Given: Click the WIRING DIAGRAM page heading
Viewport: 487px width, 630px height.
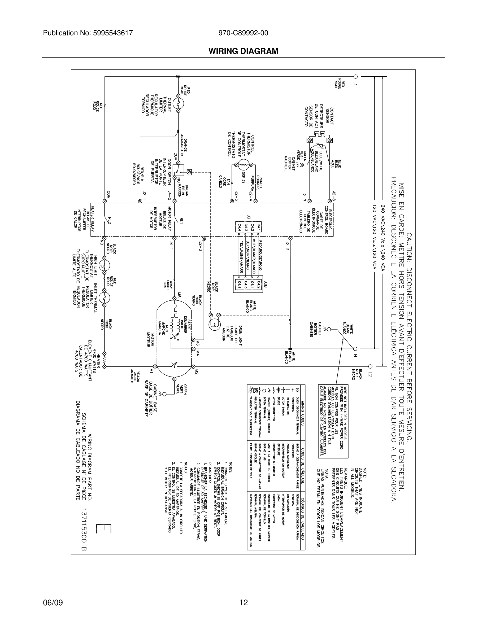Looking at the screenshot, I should coord(243,51).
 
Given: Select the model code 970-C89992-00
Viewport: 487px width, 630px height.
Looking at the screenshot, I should coord(243,33).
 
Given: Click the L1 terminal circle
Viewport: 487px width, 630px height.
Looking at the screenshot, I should coord(355,76).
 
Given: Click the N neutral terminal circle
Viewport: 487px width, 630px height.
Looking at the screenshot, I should coord(355,349).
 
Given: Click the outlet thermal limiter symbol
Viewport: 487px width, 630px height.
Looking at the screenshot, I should coord(178,103).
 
